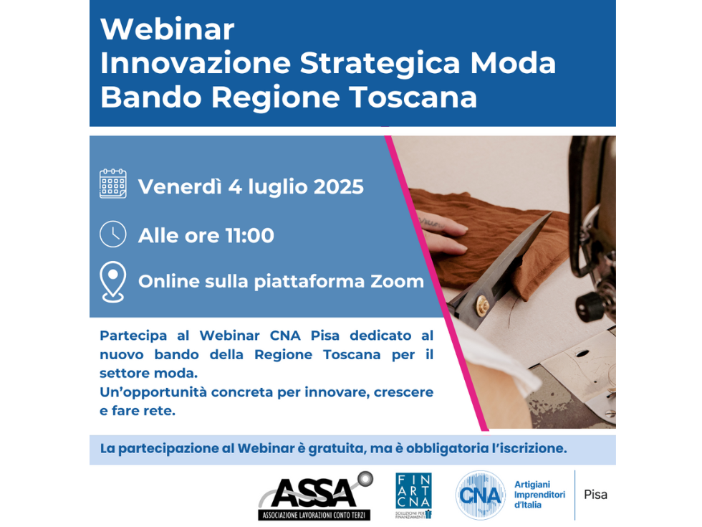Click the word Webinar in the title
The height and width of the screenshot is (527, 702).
coord(168,29)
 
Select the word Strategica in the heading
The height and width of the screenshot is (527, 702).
coord(380,63)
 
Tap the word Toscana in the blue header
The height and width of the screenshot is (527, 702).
coord(413,97)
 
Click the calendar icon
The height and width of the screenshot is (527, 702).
coord(113,184)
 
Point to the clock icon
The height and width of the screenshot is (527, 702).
coord(113,234)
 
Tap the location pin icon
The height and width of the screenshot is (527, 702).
coord(113,282)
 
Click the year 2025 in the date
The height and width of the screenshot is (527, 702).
coord(338,187)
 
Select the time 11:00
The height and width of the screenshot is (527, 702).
coord(250,236)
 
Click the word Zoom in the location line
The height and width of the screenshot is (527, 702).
coord(397,281)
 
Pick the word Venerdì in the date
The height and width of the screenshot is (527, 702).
coord(180,187)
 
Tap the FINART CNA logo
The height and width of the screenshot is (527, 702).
coord(414,495)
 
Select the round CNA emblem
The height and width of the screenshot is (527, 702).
coord(481,495)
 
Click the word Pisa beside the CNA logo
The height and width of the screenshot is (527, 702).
coord(595,495)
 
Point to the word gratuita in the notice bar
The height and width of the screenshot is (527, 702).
coord(338,449)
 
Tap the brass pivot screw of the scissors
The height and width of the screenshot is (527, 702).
coord(483,305)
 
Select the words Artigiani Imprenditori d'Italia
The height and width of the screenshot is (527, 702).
coord(539,495)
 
